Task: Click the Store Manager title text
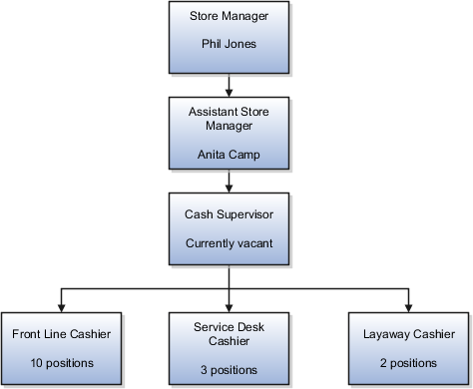(230, 16)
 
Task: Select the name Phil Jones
(230, 45)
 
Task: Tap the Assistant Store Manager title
(230, 121)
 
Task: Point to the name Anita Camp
(230, 156)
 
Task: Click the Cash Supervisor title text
(230, 214)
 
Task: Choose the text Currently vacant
(230, 243)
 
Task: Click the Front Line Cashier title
(62, 333)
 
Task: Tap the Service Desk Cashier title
(231, 332)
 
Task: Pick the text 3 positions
(231, 368)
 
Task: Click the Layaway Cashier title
(409, 333)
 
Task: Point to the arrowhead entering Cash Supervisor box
(230, 190)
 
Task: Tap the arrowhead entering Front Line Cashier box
(62, 306)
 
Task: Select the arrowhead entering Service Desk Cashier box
(231, 306)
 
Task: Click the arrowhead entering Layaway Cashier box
(409, 306)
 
